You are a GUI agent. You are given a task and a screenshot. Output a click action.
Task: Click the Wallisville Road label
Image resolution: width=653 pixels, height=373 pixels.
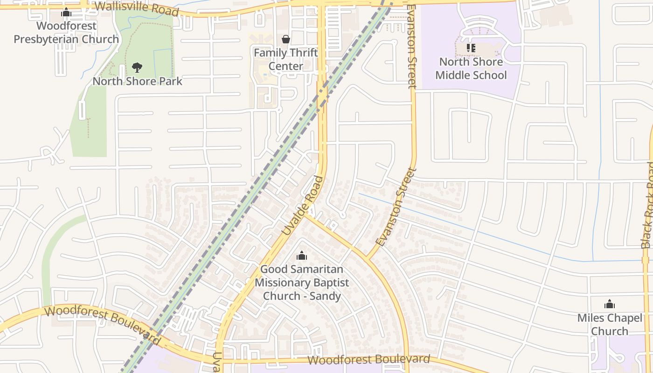coord(136,8)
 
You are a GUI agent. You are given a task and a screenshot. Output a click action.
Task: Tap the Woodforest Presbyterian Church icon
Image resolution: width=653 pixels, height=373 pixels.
coord(66,12)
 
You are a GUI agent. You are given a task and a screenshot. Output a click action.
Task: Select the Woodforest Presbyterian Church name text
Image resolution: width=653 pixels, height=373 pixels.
coord(66,33)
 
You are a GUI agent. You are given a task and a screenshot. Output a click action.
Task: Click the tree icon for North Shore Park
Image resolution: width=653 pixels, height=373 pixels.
coord(137,68)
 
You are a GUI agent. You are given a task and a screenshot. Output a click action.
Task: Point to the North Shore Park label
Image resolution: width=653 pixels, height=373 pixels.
coord(137,81)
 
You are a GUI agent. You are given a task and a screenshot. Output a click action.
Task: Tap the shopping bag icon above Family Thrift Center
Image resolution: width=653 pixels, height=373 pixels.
coord(285,39)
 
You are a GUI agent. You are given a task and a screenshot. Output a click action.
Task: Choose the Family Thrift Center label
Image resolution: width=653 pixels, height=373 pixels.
coord(285,59)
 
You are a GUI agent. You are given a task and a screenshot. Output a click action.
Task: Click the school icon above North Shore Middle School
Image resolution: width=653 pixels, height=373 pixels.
coord(471,48)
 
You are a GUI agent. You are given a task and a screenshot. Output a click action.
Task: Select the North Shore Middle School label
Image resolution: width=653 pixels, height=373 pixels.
coord(471,68)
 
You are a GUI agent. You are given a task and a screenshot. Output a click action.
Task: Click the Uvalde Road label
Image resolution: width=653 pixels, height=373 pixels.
coord(303,205)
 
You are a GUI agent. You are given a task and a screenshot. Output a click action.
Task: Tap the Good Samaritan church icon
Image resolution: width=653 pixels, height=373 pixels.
coord(302,256)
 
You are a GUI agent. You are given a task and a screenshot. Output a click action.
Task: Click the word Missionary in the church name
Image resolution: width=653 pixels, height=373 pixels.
coord(302,283)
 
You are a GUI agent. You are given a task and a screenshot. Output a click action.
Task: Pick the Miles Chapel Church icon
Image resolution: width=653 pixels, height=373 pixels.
coord(609,304)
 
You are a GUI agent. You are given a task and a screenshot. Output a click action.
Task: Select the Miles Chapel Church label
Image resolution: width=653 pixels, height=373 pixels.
coord(609,325)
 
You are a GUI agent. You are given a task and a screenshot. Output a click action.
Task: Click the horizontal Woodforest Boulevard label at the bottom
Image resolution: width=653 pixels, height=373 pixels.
coord(368,359)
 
